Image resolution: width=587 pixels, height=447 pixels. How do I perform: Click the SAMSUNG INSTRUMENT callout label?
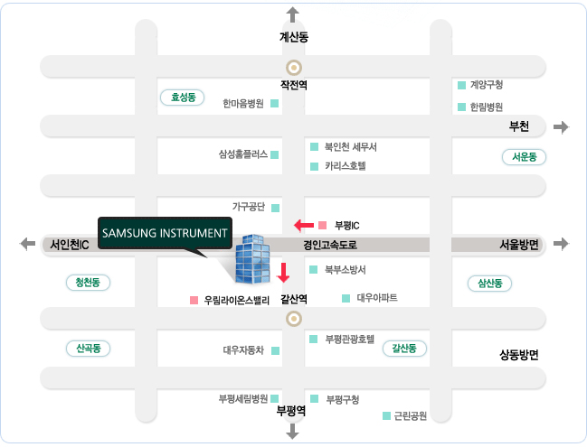click(x=165, y=233)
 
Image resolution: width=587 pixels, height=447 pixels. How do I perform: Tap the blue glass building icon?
click(x=252, y=258)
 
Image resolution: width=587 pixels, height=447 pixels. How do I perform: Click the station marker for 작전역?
click(x=294, y=68)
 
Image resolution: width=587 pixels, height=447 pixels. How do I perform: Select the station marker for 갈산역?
click(x=294, y=319)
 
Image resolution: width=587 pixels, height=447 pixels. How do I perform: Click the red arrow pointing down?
click(x=283, y=272)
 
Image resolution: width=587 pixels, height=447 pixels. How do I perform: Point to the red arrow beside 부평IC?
click(x=304, y=226)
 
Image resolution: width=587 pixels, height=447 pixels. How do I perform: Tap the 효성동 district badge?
click(x=183, y=98)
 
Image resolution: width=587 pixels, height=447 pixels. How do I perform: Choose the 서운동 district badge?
click(x=524, y=156)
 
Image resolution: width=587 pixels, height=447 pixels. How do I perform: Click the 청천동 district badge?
click(x=88, y=282)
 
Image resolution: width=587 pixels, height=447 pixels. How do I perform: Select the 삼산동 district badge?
click(x=489, y=284)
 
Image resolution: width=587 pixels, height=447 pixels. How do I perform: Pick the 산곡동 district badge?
click(x=88, y=349)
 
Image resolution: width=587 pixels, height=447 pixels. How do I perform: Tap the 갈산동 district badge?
click(x=404, y=349)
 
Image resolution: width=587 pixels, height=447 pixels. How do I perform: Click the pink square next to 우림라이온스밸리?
click(x=194, y=300)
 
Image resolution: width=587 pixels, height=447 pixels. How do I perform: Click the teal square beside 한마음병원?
click(x=274, y=103)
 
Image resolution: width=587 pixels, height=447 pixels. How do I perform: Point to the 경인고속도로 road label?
click(x=330, y=246)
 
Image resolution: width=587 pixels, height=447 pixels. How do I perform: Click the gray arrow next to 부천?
click(x=561, y=127)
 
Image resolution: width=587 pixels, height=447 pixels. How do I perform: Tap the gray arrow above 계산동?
click(x=293, y=14)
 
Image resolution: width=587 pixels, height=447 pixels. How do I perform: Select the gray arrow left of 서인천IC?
click(x=27, y=244)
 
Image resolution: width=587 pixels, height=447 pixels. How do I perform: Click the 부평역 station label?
click(x=291, y=411)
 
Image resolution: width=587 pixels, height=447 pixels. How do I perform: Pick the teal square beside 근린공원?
click(x=387, y=415)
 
